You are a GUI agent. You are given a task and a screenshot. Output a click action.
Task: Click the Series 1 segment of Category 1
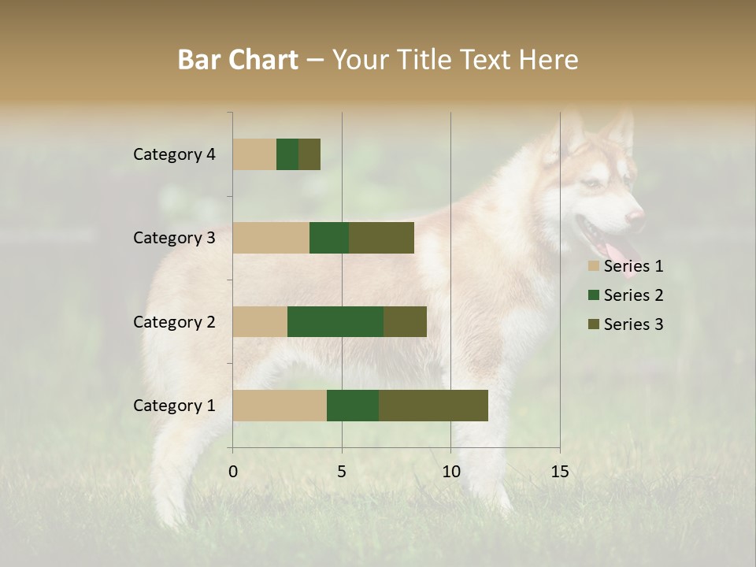[x=280, y=406]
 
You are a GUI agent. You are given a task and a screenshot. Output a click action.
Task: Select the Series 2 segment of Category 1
[x=353, y=406]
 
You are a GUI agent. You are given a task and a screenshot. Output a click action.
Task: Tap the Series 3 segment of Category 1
[x=433, y=406]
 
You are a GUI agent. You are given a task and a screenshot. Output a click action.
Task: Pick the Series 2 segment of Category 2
[x=335, y=321]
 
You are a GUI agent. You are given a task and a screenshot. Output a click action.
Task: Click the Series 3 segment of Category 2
[x=405, y=321]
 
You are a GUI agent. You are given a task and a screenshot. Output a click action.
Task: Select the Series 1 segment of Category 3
[x=271, y=238]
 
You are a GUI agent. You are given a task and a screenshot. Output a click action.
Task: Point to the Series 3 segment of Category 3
[x=381, y=238]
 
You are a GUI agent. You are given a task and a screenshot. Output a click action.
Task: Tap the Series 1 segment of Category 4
[x=254, y=154]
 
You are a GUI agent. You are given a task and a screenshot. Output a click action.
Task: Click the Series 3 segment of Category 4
[x=309, y=154]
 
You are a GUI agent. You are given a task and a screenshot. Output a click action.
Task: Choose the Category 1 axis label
[x=174, y=406]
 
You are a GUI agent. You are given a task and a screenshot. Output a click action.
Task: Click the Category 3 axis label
[x=174, y=238]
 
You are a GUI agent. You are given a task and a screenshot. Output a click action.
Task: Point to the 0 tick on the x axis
[x=233, y=472]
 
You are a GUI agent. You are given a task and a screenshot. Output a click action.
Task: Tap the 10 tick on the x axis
[x=450, y=472]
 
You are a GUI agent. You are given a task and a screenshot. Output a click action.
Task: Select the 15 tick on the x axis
[x=559, y=472]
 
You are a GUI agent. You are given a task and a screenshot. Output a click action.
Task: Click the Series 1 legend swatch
[x=594, y=266]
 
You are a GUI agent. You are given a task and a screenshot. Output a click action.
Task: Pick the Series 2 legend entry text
[x=633, y=295]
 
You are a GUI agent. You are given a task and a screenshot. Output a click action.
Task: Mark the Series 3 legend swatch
[x=594, y=324]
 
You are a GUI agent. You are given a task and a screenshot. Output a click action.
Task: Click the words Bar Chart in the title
[x=238, y=60]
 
